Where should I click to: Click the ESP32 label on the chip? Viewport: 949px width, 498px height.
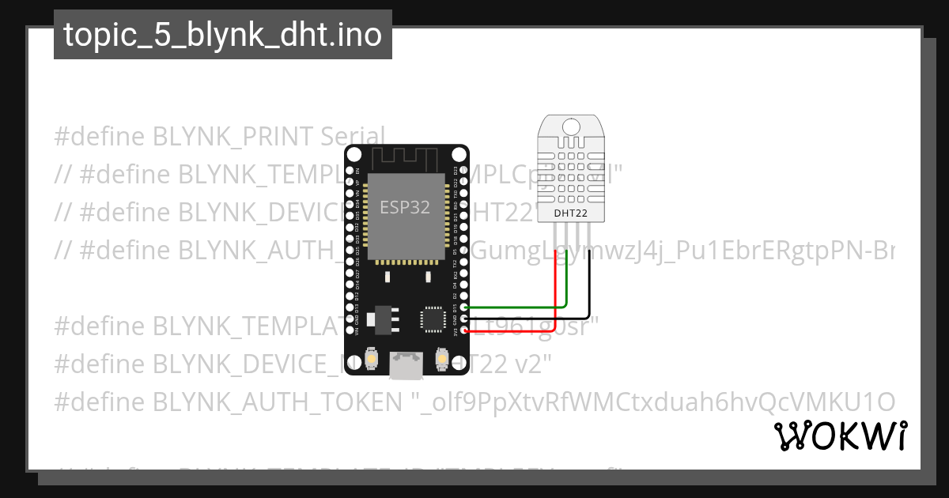coord(405,208)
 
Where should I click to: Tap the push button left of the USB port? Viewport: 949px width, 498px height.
coord(370,360)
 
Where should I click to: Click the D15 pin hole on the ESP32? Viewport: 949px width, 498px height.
coord(464,307)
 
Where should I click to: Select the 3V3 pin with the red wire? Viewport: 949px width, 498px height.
coord(464,330)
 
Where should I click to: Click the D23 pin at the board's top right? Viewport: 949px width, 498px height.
coord(464,169)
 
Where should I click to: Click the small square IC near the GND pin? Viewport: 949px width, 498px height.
coord(433,319)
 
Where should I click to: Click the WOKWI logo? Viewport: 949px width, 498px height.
coord(840,436)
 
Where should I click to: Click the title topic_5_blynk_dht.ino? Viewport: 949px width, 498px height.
coord(223,35)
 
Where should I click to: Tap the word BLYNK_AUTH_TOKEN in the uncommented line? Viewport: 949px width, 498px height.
coord(277,402)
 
